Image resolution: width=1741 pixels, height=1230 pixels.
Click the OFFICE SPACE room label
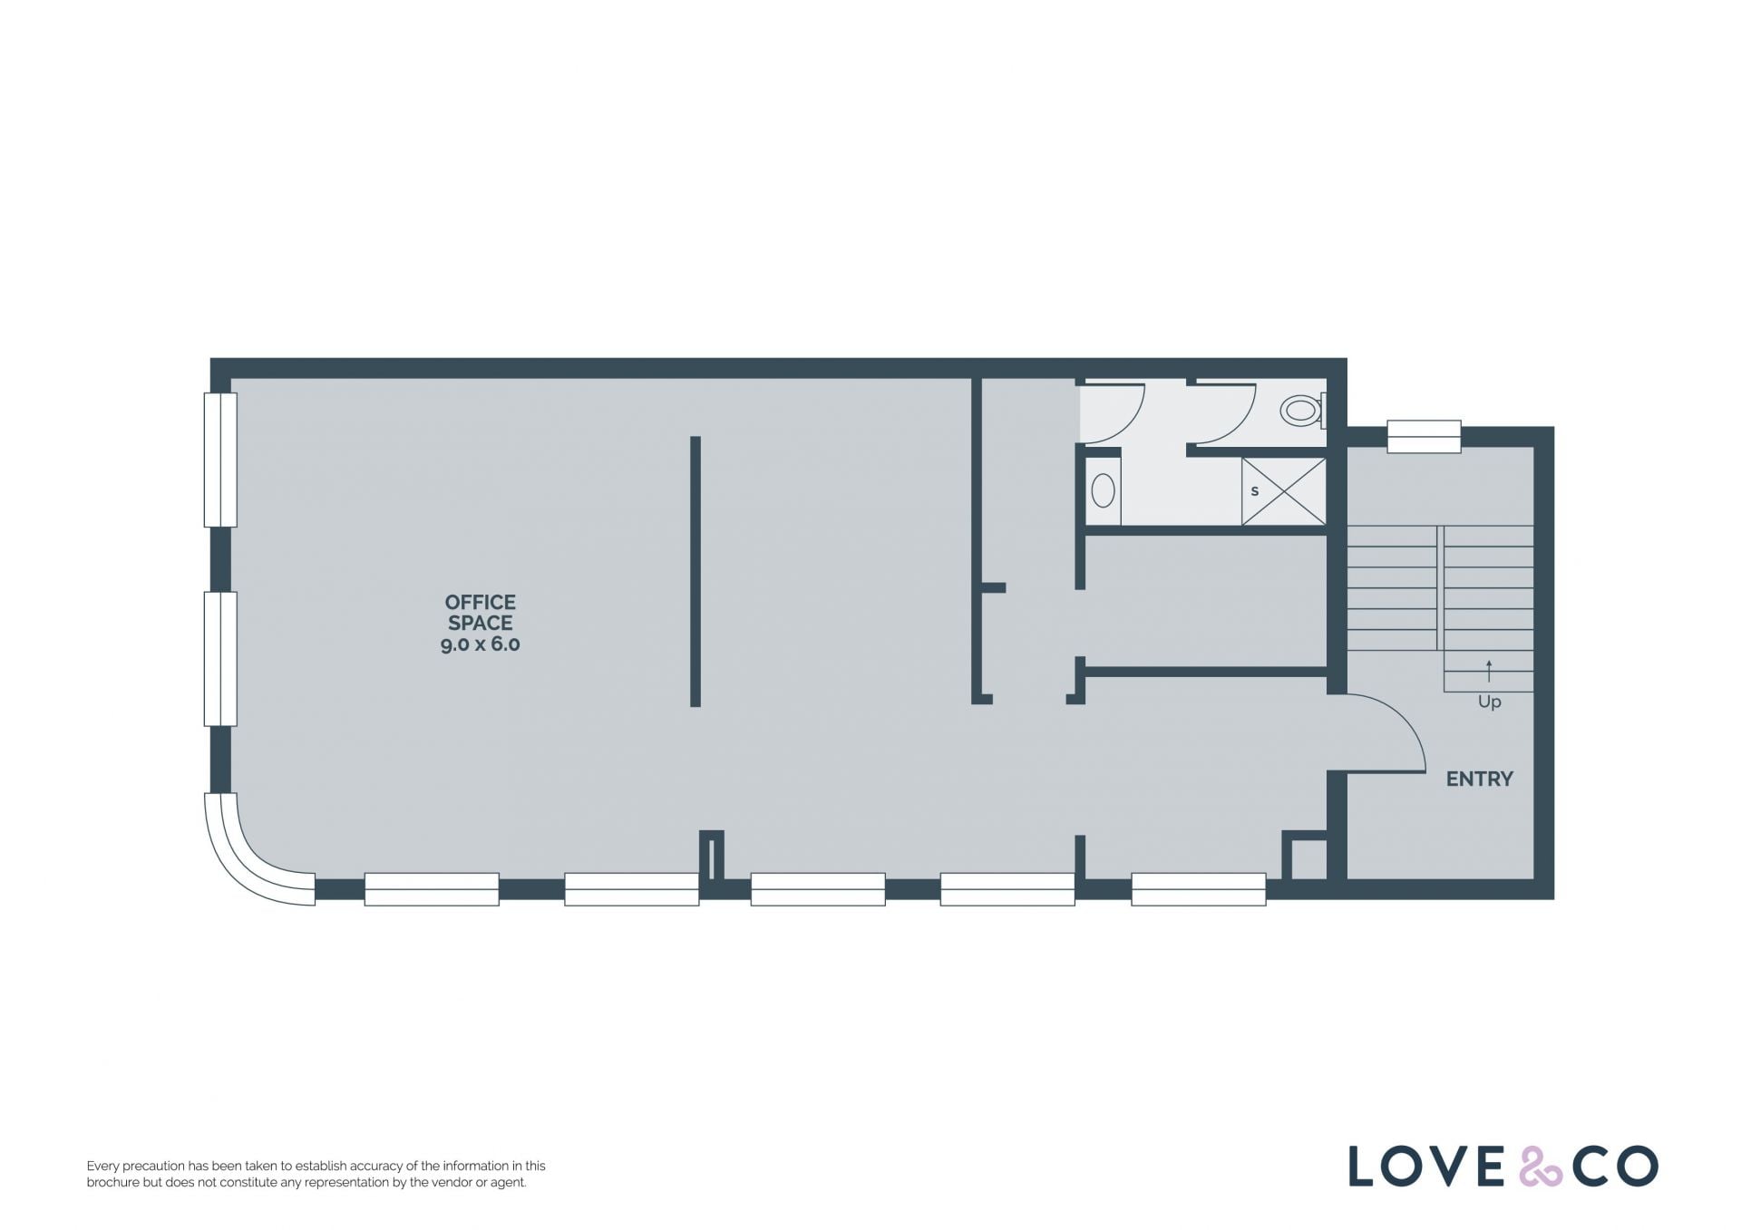coord(481,613)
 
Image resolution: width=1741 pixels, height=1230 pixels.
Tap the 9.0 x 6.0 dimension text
coord(481,644)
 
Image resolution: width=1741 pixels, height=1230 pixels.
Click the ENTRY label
coord(1479,779)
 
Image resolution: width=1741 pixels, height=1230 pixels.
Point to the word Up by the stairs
coord(1489,702)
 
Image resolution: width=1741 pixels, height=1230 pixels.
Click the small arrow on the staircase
coord(1489,671)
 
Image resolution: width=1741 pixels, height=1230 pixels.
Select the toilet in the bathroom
coord(1303,411)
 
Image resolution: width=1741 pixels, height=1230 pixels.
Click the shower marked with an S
coord(1283,491)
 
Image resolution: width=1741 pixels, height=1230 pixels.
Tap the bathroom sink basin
coord(1103,490)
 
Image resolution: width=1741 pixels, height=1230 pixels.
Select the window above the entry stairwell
coord(1424,436)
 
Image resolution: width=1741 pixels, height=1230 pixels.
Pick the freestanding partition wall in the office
coord(695,571)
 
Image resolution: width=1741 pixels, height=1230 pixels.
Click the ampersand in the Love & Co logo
coord(1541,1167)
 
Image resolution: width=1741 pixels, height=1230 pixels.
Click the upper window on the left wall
coord(220,460)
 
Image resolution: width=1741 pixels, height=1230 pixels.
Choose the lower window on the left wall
coord(220,659)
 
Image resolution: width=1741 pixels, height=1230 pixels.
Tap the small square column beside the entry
coord(1305,856)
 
